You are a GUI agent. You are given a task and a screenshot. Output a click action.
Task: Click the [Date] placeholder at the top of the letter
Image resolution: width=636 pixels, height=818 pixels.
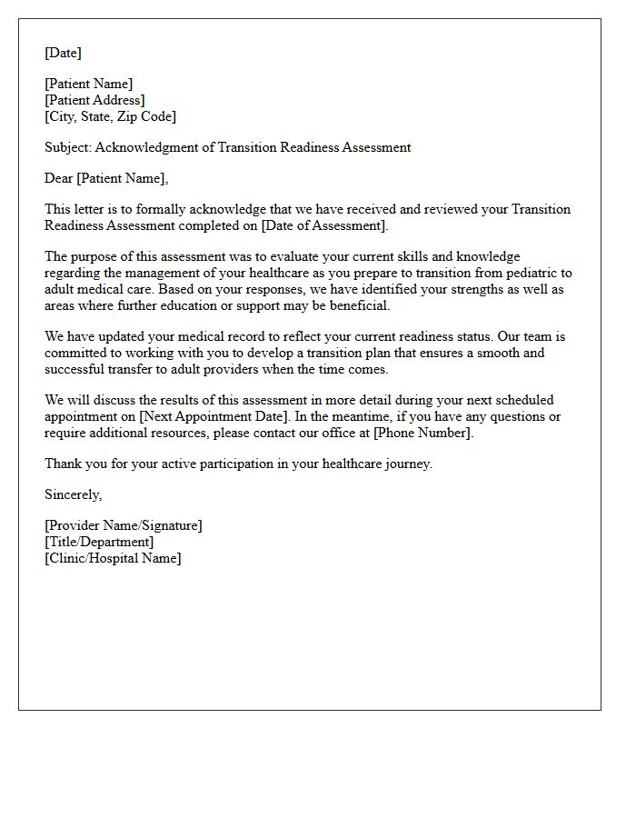click(x=63, y=53)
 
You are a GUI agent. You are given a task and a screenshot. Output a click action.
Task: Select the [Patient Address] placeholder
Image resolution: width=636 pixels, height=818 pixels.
click(x=94, y=100)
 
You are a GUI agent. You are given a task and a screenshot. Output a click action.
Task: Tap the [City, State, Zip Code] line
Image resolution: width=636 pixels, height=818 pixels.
click(x=110, y=116)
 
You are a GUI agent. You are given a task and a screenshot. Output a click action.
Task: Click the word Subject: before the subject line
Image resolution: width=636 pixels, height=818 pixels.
click(x=68, y=147)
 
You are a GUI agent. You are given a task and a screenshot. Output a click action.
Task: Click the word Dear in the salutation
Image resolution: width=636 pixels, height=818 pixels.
click(x=59, y=178)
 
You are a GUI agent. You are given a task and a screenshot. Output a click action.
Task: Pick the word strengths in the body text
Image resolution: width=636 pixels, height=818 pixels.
click(x=479, y=289)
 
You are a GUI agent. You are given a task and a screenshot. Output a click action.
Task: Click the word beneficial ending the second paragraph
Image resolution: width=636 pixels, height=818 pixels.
click(x=358, y=305)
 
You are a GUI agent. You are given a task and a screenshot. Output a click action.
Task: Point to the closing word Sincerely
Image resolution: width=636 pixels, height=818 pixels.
click(x=73, y=494)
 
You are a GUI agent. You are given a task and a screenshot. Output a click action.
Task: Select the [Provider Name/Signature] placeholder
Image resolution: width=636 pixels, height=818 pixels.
click(x=124, y=525)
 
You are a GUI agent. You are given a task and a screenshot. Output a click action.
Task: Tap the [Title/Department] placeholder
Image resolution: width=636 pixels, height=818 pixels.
click(x=99, y=542)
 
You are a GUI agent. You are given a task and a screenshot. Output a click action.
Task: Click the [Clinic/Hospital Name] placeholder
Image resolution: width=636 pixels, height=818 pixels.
click(x=113, y=558)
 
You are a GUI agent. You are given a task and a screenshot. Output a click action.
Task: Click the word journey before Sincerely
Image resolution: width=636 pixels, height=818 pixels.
click(x=407, y=464)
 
